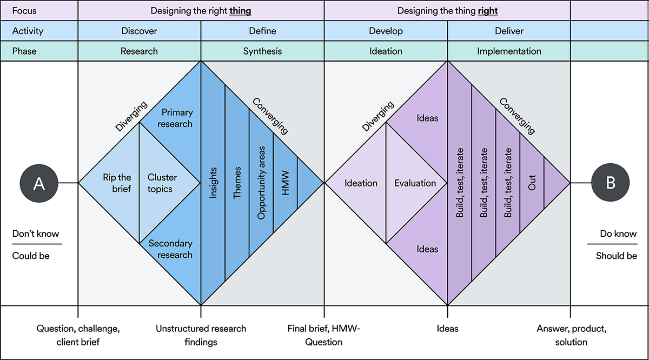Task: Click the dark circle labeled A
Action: [38, 183]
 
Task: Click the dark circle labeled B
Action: [610, 183]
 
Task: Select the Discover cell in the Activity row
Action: [140, 31]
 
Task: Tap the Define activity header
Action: [262, 31]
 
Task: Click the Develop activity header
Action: [386, 31]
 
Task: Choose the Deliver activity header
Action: [509, 31]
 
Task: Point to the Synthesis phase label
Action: [262, 51]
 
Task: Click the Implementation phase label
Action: [509, 51]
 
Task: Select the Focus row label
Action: [24, 10]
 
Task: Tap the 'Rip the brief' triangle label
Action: [117, 183]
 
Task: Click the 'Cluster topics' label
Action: [162, 183]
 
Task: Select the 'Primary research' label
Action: [177, 118]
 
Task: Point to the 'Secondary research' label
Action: [170, 249]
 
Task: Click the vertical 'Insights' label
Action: [213, 183]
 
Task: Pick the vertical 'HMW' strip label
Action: [286, 183]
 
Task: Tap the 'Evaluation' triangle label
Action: [415, 183]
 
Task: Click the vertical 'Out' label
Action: [532, 183]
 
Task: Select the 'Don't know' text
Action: [36, 234]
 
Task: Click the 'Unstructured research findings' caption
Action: [201, 335]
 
